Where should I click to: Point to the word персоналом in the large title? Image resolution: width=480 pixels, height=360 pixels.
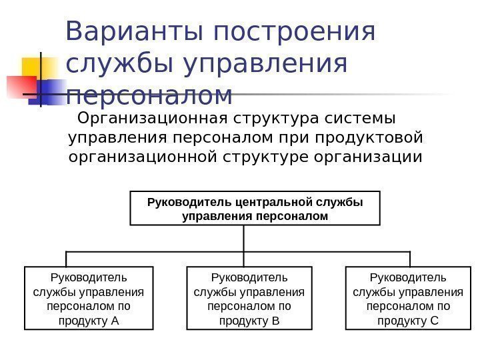point(150,95)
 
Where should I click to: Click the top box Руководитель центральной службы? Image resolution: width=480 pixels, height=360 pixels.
point(254,208)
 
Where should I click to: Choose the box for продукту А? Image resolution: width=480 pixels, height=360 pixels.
point(89,299)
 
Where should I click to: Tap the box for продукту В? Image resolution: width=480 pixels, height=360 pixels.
point(249,299)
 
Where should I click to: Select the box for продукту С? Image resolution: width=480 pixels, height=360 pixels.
point(408,299)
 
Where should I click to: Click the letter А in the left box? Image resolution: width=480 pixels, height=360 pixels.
point(115,321)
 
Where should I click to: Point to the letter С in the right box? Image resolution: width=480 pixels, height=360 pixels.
point(435,321)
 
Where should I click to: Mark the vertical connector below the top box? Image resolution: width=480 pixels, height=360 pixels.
point(244,238)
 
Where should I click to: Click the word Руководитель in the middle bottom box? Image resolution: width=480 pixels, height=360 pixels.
point(249,277)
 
